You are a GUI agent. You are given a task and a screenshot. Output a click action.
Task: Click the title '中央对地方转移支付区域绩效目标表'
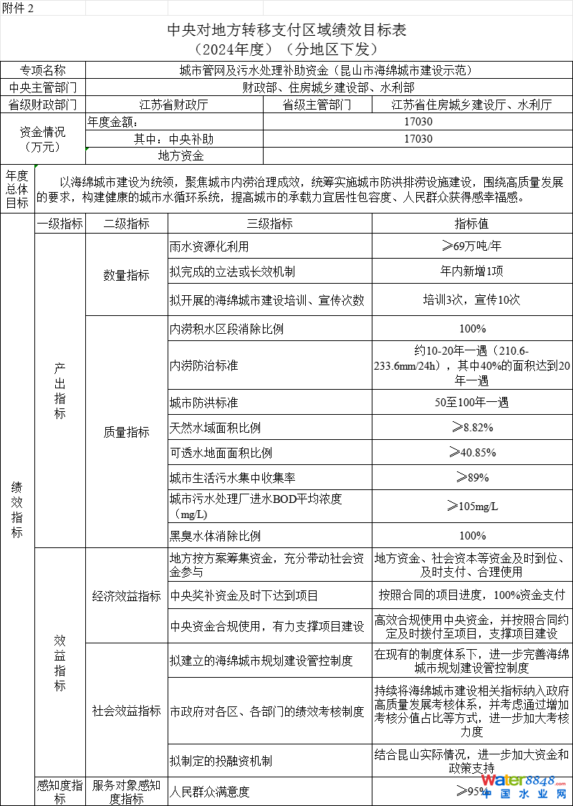[x=286, y=30]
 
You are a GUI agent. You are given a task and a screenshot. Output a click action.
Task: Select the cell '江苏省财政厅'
[x=173, y=105]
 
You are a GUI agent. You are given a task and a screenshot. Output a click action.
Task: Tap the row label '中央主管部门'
[x=43, y=87]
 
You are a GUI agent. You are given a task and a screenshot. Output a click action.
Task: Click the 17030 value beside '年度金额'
[x=418, y=122]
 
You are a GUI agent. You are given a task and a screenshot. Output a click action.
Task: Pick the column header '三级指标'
[x=269, y=224]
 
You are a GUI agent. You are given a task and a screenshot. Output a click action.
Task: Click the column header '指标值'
[x=471, y=224]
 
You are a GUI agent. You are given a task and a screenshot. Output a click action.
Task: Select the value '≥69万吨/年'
[x=471, y=246]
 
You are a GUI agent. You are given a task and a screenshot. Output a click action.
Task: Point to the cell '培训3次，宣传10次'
[x=471, y=299]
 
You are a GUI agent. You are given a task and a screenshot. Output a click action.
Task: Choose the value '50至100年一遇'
[x=471, y=402]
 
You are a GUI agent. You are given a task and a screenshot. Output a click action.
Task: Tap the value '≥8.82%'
[x=471, y=428]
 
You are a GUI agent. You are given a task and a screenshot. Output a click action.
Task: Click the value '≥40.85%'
[x=471, y=452]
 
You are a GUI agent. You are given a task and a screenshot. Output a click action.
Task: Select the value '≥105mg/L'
[x=471, y=507]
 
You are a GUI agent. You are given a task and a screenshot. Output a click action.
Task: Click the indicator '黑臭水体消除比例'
[x=215, y=535]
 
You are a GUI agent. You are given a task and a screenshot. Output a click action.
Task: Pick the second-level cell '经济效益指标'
[x=127, y=595]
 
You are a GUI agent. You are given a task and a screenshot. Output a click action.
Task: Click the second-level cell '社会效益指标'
[x=127, y=711]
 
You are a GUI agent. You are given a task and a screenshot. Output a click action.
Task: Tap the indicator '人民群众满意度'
[x=209, y=792]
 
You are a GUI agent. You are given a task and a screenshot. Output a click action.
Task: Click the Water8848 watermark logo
[x=524, y=786]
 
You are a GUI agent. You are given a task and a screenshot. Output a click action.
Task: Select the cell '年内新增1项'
[x=471, y=272]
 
